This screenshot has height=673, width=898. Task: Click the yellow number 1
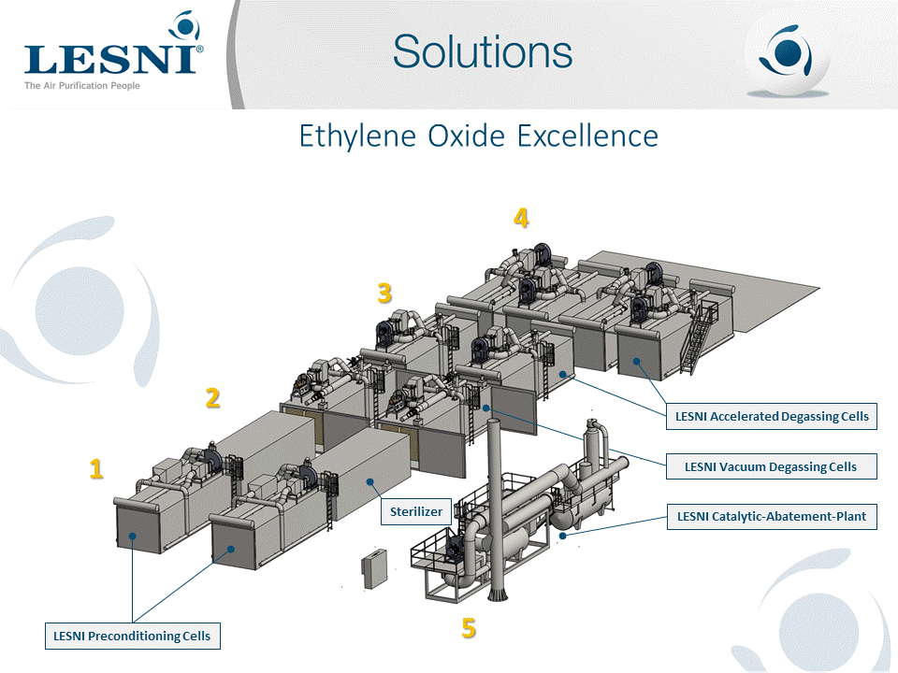96,468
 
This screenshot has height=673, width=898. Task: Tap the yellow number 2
213,398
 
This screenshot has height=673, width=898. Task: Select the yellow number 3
384,294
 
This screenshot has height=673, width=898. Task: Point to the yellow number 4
521,218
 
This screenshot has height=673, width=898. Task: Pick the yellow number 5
469,628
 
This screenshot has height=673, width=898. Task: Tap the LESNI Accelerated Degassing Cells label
771,416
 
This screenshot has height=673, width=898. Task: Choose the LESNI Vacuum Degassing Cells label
770,465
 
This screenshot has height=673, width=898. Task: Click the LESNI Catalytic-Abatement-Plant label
771,516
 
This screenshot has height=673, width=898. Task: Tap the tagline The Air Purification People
82,86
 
